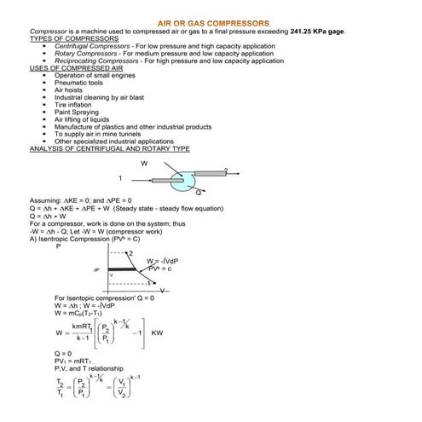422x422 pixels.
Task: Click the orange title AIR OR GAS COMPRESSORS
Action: [x=214, y=23]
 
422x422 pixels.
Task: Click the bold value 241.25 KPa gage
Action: [x=319, y=32]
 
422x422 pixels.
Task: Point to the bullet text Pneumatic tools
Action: [x=78, y=83]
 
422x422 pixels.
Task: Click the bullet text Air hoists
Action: [x=69, y=90]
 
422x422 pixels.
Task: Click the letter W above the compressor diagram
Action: [x=144, y=162]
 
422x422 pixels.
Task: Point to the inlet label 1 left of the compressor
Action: [x=120, y=178]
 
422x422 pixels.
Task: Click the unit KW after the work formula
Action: [x=156, y=332]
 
